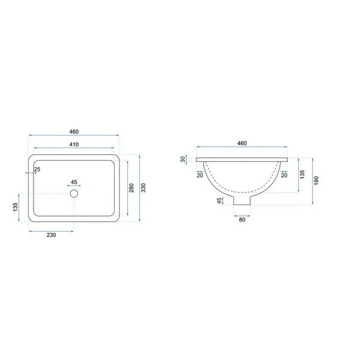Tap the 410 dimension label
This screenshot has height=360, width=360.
tap(74, 145)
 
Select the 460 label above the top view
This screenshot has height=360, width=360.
tap(74, 131)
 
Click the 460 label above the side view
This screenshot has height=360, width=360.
tap(242, 143)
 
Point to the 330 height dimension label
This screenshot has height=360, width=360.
tap(143, 188)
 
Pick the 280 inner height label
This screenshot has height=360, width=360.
tap(131, 188)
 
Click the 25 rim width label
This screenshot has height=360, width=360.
tap(37, 169)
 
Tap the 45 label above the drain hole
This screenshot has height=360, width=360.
tap(74, 182)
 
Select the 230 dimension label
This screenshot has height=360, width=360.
tap(51, 235)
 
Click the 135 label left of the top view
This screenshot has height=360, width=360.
tap(16, 207)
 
